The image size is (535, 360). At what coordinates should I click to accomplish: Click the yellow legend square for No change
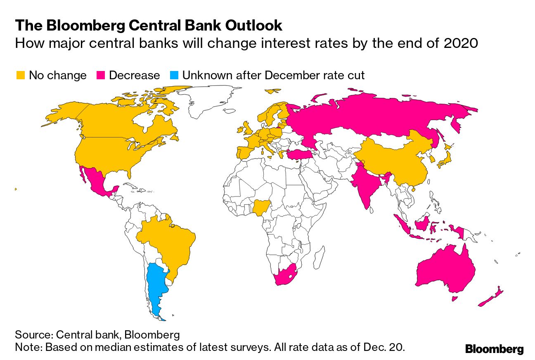20,76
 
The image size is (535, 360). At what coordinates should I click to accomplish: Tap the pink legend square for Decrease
101,76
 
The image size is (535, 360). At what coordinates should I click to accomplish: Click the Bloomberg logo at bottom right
494,349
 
